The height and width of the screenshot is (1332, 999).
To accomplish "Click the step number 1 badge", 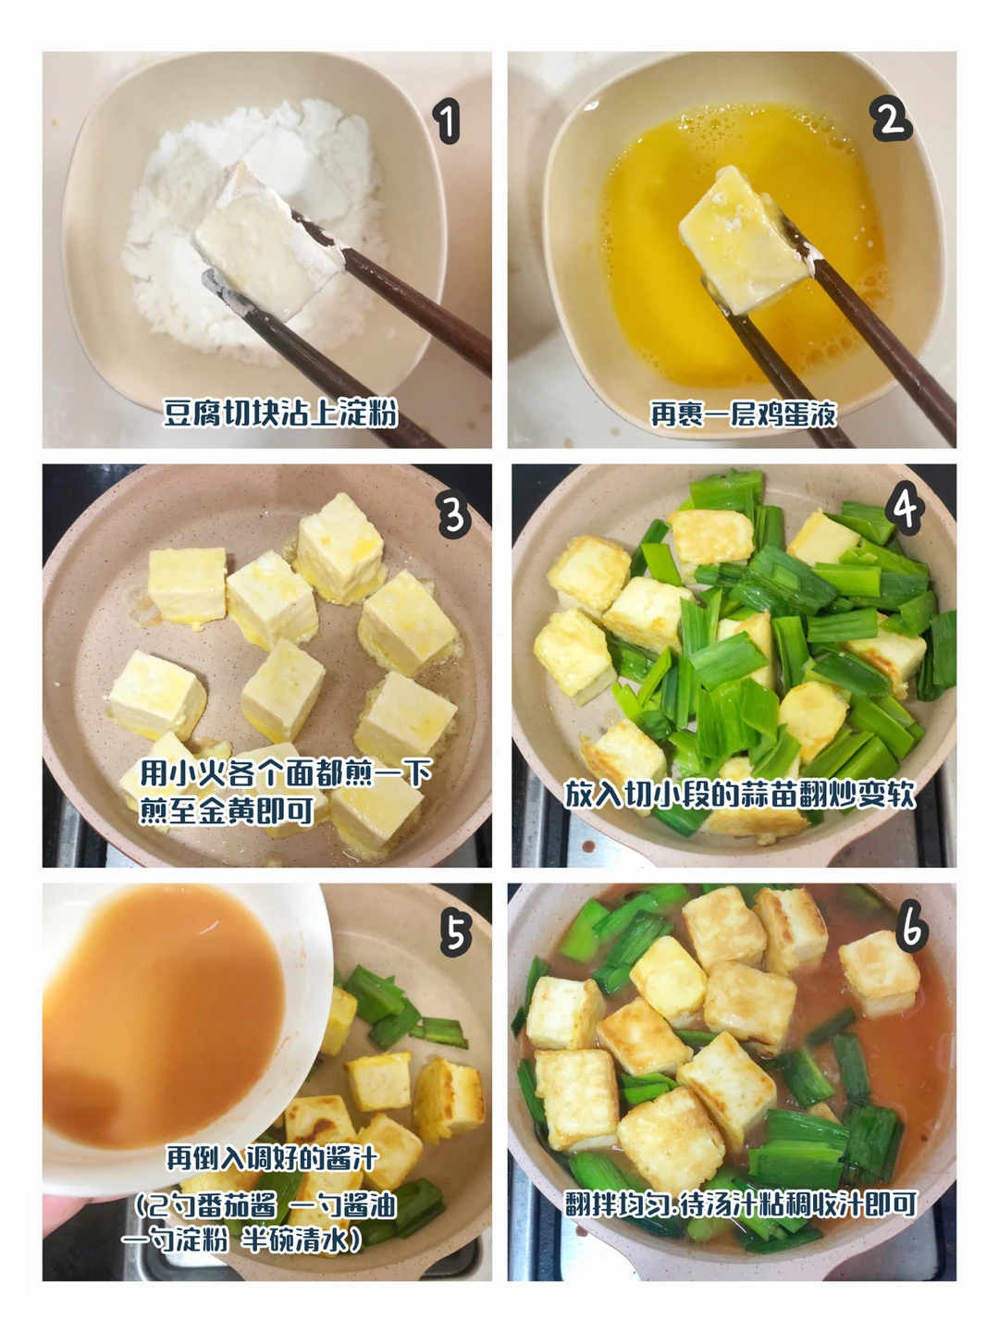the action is pyautogui.click(x=449, y=122).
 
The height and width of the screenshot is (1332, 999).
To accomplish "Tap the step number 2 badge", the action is pyautogui.click(x=891, y=119).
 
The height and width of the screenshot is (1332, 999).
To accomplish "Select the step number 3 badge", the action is pyautogui.click(x=455, y=514).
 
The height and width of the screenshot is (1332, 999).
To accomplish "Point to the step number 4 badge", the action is pyautogui.click(x=905, y=510).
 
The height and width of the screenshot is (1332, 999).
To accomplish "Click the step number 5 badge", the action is pyautogui.click(x=456, y=934).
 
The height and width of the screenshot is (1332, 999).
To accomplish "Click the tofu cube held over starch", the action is pyautogui.click(x=266, y=241).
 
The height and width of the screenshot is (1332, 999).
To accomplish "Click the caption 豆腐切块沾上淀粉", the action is pyautogui.click(x=279, y=413).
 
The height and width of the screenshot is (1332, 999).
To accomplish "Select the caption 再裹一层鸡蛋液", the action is pyautogui.click(x=744, y=413).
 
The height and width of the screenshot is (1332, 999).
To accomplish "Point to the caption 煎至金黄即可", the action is pyautogui.click(x=227, y=810).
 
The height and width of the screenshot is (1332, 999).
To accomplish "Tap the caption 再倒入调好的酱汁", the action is pyautogui.click(x=272, y=1158).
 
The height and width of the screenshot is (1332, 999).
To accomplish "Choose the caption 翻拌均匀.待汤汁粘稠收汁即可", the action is pyautogui.click(x=741, y=1204).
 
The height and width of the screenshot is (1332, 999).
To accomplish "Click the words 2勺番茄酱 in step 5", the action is pyautogui.click(x=207, y=1206).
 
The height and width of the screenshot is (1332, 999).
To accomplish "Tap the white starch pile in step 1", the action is pyautogui.click(x=254, y=230).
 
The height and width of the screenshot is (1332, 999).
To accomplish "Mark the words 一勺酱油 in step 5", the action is pyautogui.click(x=342, y=1206).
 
